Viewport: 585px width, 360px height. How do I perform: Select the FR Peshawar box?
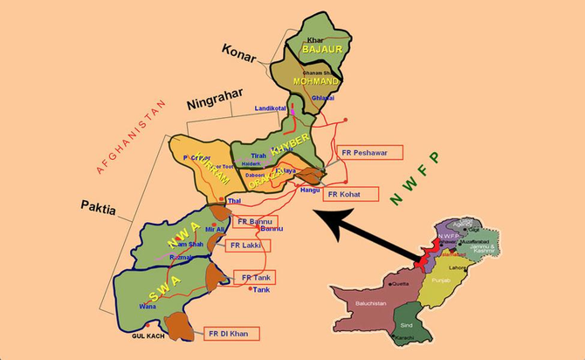pyautogui.click(x=372, y=152)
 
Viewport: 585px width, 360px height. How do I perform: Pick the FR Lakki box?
pyautogui.click(x=248, y=246)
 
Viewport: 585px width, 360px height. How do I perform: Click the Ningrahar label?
pyautogui.click(x=215, y=103)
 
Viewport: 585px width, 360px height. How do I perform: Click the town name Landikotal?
pyautogui.click(x=271, y=108)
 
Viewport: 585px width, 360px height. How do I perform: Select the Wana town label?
pyautogui.click(x=148, y=306)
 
